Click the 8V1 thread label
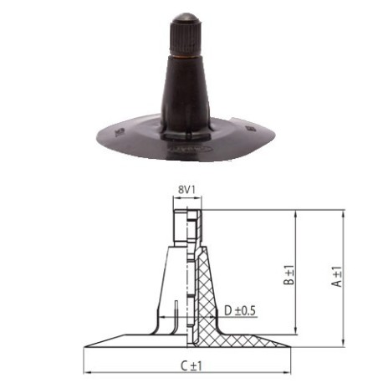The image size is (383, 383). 187,190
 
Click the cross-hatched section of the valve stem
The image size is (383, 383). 203,293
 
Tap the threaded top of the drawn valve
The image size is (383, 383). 188,224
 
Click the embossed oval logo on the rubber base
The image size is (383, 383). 185,144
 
